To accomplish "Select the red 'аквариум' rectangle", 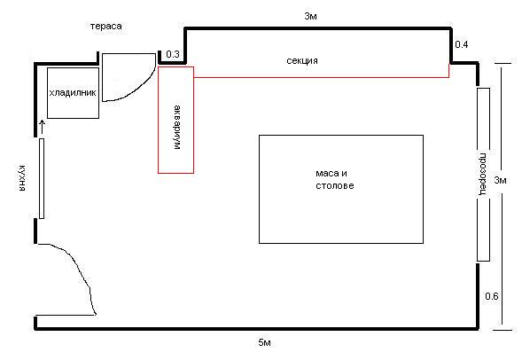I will (175, 120).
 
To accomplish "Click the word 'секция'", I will (302, 60).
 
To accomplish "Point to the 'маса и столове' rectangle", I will (340, 188).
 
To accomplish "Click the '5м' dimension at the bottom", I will (263, 342).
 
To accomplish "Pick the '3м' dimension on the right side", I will (502, 181).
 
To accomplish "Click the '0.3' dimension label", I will (172, 55).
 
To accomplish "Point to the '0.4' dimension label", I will (461, 44).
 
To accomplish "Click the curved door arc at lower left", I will (80, 275).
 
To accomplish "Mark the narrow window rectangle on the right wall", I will (483, 174).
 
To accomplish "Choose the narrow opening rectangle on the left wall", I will (41, 178).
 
